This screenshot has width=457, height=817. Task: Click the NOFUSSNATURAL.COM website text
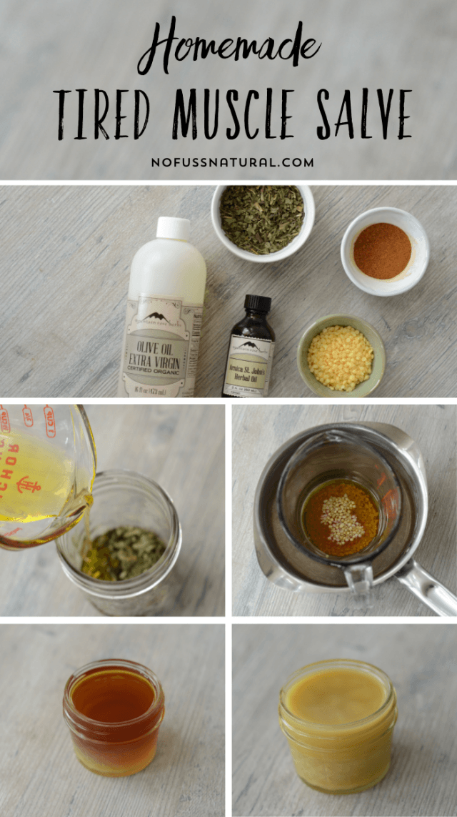coord(232,162)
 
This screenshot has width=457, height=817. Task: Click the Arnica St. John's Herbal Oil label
coord(248,361)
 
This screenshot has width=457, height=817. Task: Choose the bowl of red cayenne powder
coord(383,250)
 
